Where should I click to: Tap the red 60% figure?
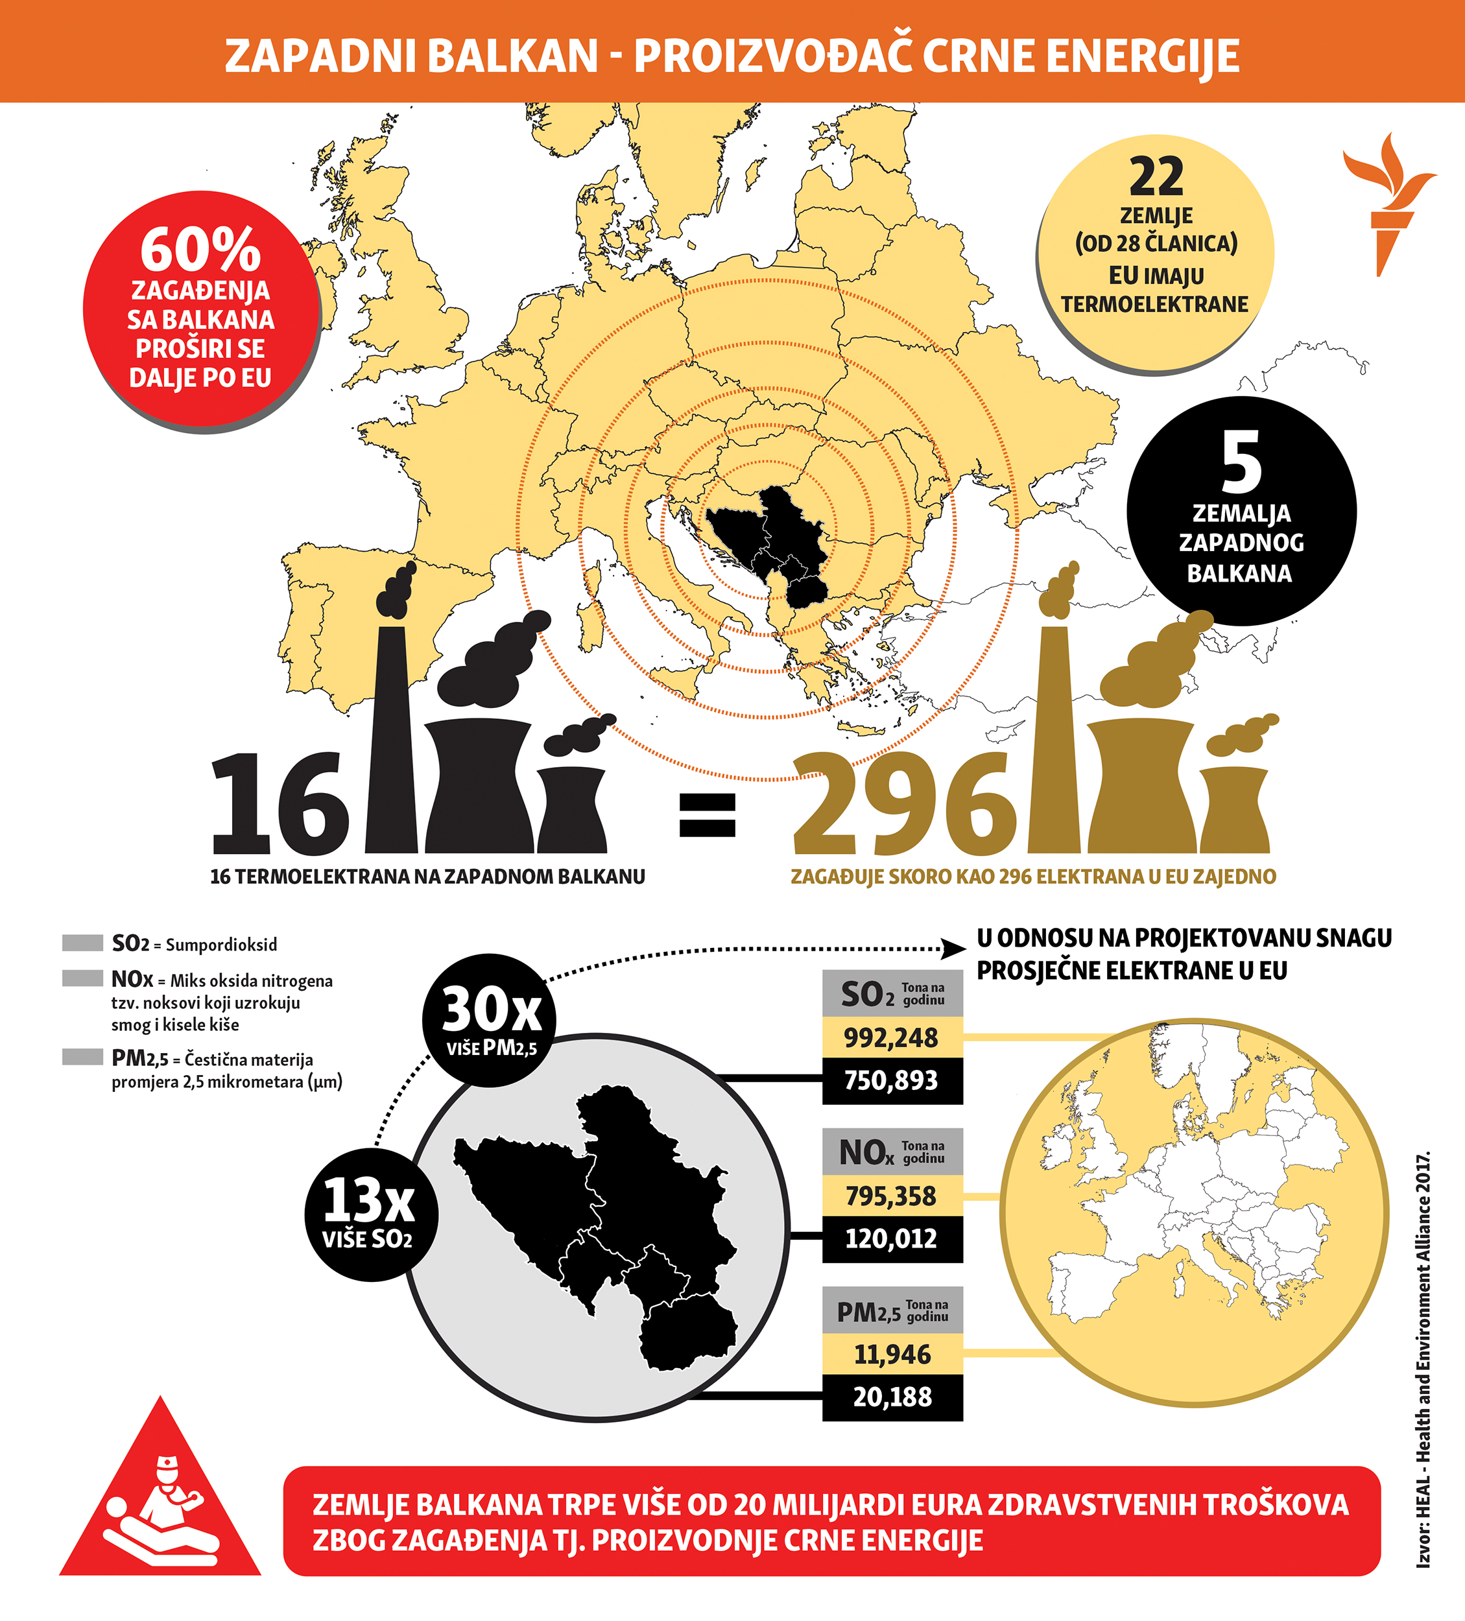200,249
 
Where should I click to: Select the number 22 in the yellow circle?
1156,178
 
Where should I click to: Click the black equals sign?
707,814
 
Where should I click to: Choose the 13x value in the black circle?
369,1201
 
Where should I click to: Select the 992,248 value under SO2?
891,1038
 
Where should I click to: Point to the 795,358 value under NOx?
891,1196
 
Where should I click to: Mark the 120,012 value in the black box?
891,1239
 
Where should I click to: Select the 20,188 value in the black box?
892,1397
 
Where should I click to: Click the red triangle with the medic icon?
160,1504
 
